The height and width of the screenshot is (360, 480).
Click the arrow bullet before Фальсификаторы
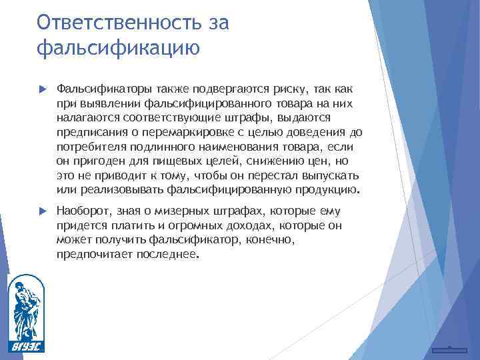(x=43, y=89)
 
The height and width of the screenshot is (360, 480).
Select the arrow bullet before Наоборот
(x=43, y=211)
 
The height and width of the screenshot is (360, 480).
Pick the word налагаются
(x=85, y=117)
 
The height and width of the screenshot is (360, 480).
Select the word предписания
(x=90, y=132)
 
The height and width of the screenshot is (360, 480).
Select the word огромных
(x=183, y=225)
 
